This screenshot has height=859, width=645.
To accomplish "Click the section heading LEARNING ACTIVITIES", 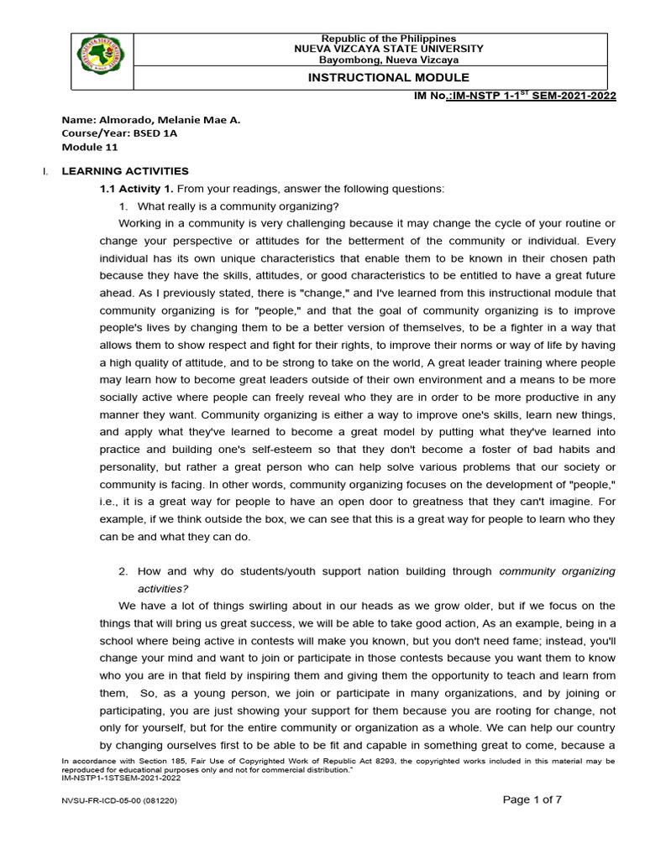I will (x=125, y=170).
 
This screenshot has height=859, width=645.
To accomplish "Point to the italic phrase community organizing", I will (x=557, y=571).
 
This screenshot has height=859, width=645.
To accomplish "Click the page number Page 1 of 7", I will (x=532, y=799).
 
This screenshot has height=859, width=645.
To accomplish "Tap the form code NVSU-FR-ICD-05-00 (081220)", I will (x=118, y=801).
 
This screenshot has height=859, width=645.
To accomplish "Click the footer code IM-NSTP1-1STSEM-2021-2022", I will (x=122, y=778).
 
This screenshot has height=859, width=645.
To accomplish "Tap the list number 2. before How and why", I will (x=123, y=571).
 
